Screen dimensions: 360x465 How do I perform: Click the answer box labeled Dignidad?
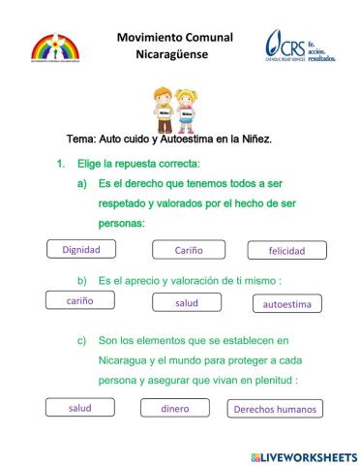coord(81,249)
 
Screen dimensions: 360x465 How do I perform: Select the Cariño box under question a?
coord(188,250)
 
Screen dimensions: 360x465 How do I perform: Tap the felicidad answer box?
coord(286,250)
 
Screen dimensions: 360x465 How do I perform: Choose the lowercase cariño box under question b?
coord(79,301)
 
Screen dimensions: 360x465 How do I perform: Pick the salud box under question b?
coord(187,302)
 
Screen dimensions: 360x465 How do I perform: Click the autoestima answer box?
coord(287,303)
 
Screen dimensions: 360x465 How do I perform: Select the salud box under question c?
coord(79,408)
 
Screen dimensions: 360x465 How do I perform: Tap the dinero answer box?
coord(175,408)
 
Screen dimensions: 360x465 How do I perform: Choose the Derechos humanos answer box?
coord(275,409)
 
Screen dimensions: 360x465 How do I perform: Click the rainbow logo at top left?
coord(57,50)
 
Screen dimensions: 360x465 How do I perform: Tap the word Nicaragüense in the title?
coord(175,53)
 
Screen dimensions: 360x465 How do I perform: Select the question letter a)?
coord(82,184)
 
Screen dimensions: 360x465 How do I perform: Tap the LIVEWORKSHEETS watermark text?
coord(308,455)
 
